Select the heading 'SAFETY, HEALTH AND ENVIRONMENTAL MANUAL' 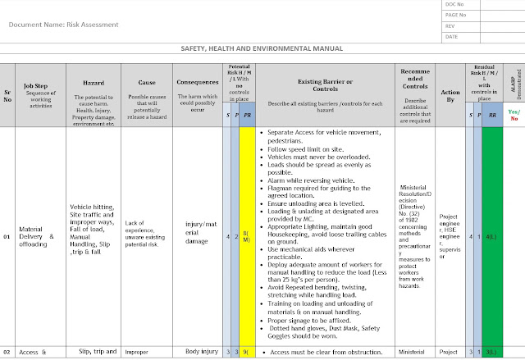[262, 49]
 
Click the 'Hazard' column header [94, 84]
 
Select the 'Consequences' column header [196, 83]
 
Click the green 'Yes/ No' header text [514, 114]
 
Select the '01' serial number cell [8, 236]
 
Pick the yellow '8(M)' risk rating [246, 236]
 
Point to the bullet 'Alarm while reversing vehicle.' [308, 179]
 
